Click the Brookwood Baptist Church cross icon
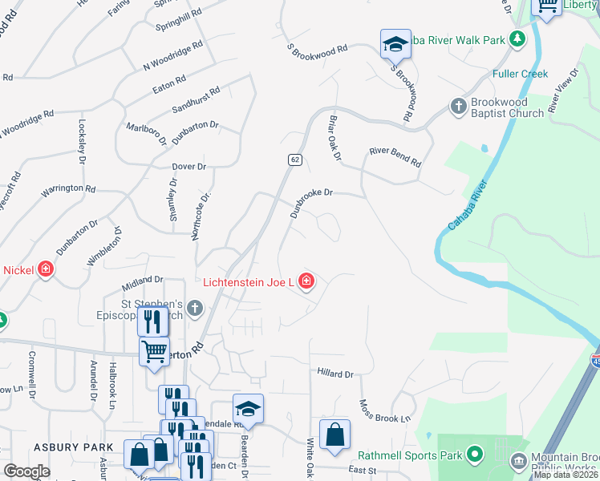coord(458,107)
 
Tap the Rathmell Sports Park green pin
coord(474,455)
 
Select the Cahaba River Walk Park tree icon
coord(518,38)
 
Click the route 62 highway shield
coord(295,160)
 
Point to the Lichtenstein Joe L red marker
coord(306,281)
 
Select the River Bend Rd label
coord(395,156)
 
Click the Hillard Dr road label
coord(334,374)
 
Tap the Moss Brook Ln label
coord(384,411)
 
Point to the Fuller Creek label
coord(521,75)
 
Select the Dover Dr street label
coord(189,167)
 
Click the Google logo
coord(26,471)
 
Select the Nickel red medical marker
coord(45,269)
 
